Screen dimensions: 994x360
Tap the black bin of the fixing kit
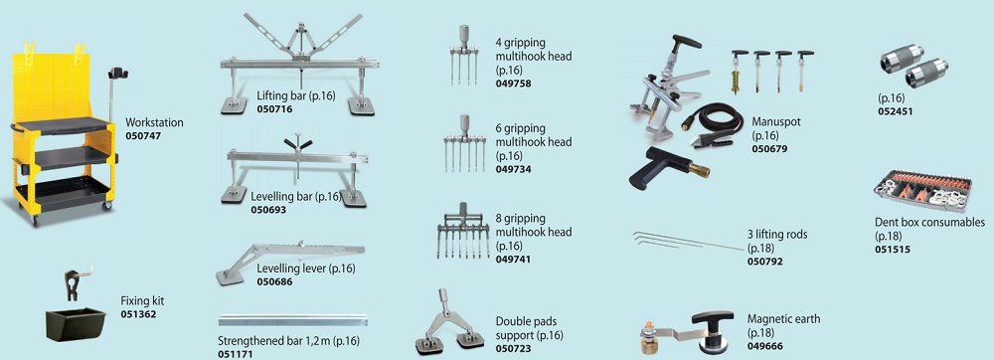[x=76, y=324]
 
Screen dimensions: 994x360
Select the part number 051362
[x=138, y=314]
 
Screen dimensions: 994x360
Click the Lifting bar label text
[x=296, y=95]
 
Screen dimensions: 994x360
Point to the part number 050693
[x=268, y=209]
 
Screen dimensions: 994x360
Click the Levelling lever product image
[x=289, y=262]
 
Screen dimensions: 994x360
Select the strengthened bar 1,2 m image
[x=293, y=320]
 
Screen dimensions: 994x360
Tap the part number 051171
[x=236, y=354]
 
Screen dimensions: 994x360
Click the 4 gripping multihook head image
[x=463, y=55]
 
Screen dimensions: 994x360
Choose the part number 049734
[x=514, y=169]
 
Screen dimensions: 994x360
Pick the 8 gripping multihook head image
[x=463, y=231]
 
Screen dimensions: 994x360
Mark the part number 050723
[x=514, y=349]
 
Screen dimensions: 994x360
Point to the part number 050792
[x=765, y=262]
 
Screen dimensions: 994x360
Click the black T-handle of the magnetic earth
[x=713, y=317]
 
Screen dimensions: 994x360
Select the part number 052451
[x=896, y=111]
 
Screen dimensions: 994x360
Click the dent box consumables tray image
[x=922, y=191]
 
